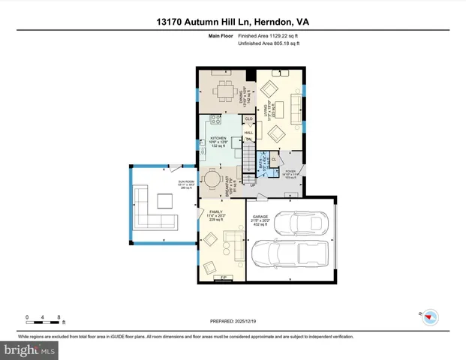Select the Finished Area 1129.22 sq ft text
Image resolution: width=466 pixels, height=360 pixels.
pos(267,35)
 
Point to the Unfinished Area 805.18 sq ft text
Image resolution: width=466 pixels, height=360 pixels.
pos(269,44)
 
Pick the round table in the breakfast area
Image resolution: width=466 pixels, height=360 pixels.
pos(214,180)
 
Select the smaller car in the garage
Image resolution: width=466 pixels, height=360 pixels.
pos(301,222)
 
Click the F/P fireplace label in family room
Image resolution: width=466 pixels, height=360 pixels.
pos(222,278)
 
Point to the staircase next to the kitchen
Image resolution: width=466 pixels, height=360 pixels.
pos(248,158)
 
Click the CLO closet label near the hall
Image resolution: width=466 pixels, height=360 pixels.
pos(248,118)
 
